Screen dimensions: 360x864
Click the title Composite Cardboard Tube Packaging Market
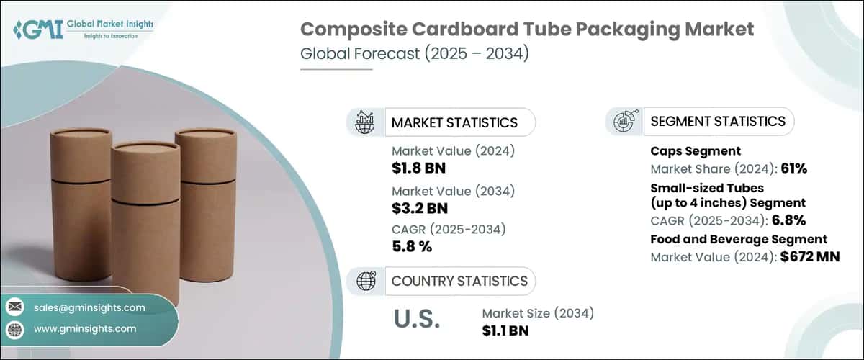[x=527, y=30]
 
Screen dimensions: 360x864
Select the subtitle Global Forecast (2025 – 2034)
[x=414, y=55]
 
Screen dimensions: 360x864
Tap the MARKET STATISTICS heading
[x=454, y=122]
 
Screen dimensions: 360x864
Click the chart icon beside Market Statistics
[x=365, y=122]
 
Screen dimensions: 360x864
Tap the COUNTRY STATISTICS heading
[x=459, y=281]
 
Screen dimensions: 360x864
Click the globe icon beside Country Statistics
[x=365, y=281]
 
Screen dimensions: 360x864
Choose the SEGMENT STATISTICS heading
[x=717, y=122]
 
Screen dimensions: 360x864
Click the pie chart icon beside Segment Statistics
[x=624, y=122]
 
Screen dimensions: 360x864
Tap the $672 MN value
[x=810, y=256]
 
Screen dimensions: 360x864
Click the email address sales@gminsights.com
[x=89, y=307]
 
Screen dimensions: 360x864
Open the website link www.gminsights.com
[x=85, y=328]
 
